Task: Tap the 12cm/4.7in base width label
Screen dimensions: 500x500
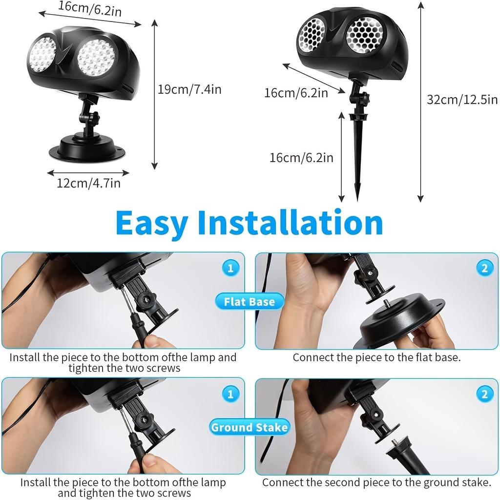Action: click(88, 183)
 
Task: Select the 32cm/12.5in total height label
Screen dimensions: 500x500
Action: click(462, 100)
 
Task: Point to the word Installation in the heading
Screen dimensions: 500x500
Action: click(290, 223)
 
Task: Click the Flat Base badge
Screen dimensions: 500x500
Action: click(249, 302)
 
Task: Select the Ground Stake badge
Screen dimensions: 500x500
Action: click(249, 428)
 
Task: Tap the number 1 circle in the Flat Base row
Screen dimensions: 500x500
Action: click(230, 268)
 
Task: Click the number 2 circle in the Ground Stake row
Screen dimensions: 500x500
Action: click(484, 394)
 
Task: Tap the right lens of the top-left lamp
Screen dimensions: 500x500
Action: click(96, 57)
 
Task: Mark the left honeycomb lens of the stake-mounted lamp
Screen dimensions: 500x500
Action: click(312, 33)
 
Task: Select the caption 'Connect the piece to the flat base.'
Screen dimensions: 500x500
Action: click(376, 357)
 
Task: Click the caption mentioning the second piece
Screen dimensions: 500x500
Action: click(376, 482)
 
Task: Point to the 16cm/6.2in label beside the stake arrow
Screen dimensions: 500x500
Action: click(301, 157)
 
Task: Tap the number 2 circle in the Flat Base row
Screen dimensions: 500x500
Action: click(484, 268)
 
